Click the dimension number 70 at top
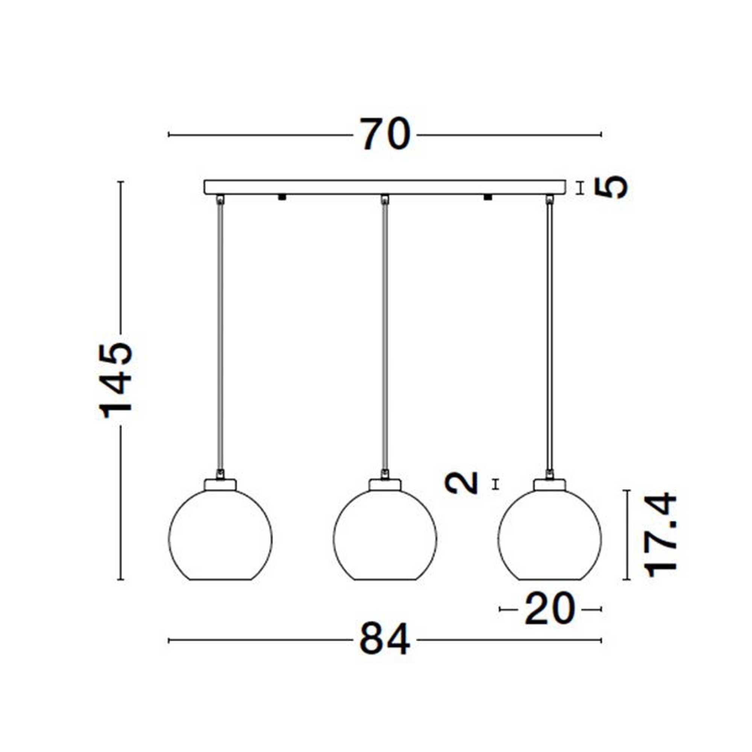pos(385,134)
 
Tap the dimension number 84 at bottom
pos(385,640)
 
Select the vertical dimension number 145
pos(116,380)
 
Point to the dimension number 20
pos(550,609)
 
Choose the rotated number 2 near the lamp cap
pos(462,483)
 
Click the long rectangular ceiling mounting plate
pos(385,187)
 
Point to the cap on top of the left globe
pos(220,485)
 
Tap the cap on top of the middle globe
pos(385,485)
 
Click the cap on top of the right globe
pos(550,485)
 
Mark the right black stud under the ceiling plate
pos(487,197)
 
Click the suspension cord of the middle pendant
pos(385,335)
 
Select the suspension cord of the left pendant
pos(220,335)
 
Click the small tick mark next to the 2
pos(495,484)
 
